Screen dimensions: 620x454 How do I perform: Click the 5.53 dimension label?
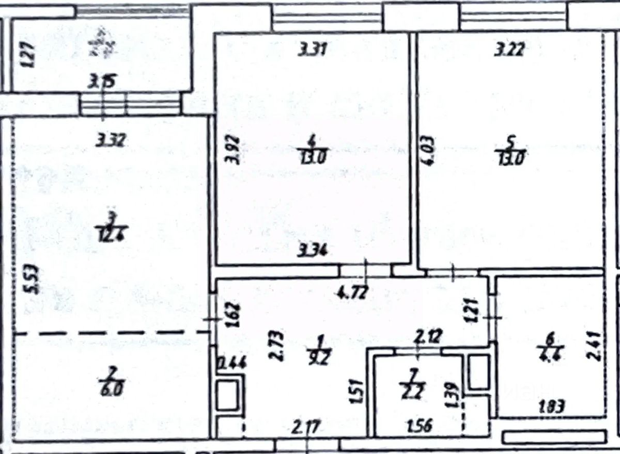pyautogui.click(x=30, y=279)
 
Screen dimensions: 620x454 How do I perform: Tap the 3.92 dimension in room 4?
pyautogui.click(x=234, y=150)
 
